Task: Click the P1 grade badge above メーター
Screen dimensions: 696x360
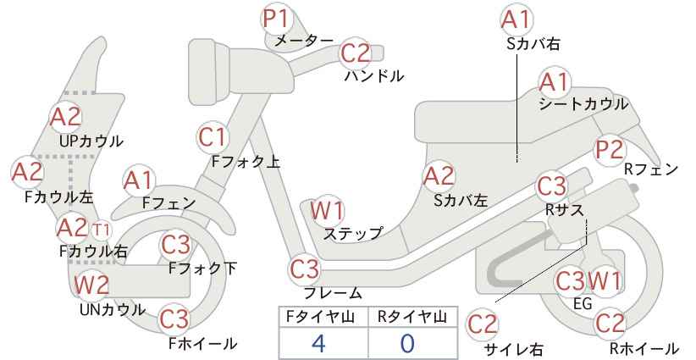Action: coord(276,19)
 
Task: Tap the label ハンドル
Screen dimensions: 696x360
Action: coord(374,76)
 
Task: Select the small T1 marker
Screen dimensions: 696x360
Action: coord(102,230)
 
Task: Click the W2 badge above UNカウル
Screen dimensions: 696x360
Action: coord(91,284)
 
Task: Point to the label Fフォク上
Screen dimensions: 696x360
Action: coord(246,161)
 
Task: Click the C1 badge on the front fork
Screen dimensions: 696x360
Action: coord(213,137)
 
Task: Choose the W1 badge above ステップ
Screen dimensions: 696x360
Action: coord(327,210)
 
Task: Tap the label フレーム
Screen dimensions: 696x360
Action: coord(333,292)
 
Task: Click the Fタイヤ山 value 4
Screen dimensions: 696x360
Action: coord(318,343)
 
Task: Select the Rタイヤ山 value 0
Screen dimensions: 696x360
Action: coord(406,343)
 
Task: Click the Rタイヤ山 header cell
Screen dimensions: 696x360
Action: coord(412,317)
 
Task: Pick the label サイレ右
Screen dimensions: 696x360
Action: coord(514,349)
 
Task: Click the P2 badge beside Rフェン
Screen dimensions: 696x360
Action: coord(610,150)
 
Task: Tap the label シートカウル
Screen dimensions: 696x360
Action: coord(583,104)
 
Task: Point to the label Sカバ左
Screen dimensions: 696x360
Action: coord(461,201)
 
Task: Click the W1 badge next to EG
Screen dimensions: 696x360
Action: coord(605,281)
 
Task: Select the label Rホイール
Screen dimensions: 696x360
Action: coord(644,348)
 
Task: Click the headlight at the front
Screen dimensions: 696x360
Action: coord(209,71)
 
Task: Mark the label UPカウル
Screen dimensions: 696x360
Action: coord(91,141)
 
